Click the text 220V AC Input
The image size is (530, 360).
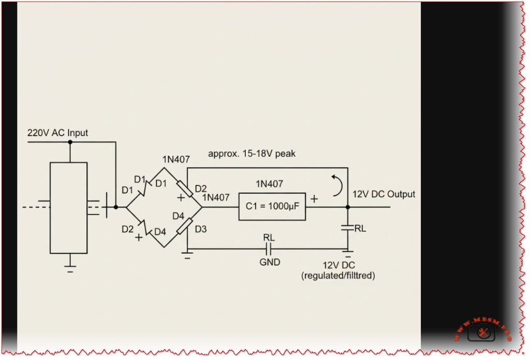tap(57, 133)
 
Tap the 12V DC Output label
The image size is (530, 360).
tap(384, 194)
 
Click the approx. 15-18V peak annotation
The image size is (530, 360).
tap(252, 154)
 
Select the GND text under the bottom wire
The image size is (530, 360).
tap(270, 262)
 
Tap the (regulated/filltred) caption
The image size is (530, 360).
tap(338, 277)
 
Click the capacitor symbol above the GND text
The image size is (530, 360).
tap(269, 248)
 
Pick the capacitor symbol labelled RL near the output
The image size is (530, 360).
tap(347, 227)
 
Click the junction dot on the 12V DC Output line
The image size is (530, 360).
tap(347, 207)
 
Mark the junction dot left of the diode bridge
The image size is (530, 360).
tap(115, 207)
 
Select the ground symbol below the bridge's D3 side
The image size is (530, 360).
tap(187, 255)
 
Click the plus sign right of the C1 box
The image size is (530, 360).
tap(314, 199)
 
